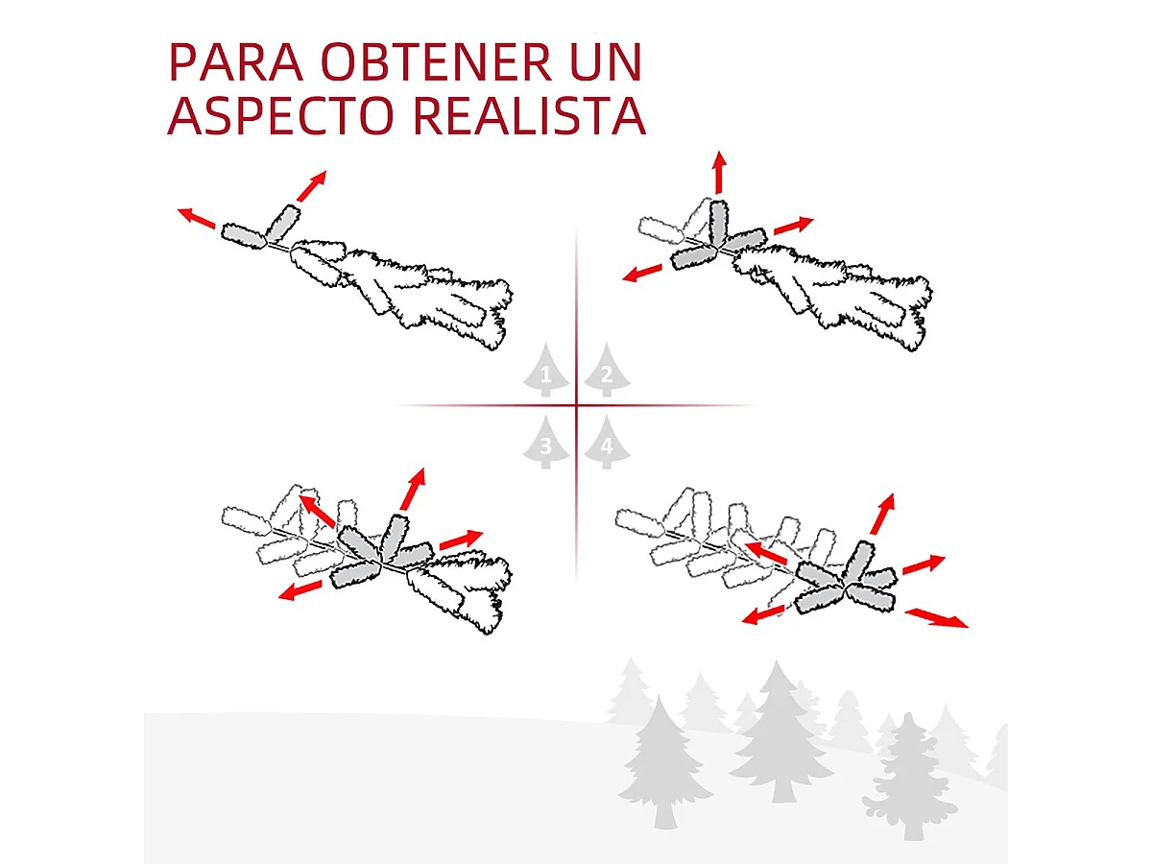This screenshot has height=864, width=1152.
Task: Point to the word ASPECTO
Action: [x=282, y=115]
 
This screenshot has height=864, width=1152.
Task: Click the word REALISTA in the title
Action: [x=528, y=115]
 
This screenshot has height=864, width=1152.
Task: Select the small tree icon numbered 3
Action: [x=545, y=444]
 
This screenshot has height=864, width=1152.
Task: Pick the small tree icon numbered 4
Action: [x=605, y=444]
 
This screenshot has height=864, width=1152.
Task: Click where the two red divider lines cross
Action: [x=576, y=406]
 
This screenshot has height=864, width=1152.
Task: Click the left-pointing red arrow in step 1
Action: [x=196, y=218]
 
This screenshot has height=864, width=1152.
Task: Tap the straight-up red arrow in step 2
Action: [x=718, y=173]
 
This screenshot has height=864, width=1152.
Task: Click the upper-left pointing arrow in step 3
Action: [x=317, y=511]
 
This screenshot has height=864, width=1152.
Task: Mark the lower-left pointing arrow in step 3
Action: [x=300, y=589]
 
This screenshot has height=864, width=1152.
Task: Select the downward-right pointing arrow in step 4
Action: [x=936, y=617]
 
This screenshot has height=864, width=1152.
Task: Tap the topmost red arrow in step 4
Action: [x=882, y=515]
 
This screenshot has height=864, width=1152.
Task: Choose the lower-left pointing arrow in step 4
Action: [x=765, y=612]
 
